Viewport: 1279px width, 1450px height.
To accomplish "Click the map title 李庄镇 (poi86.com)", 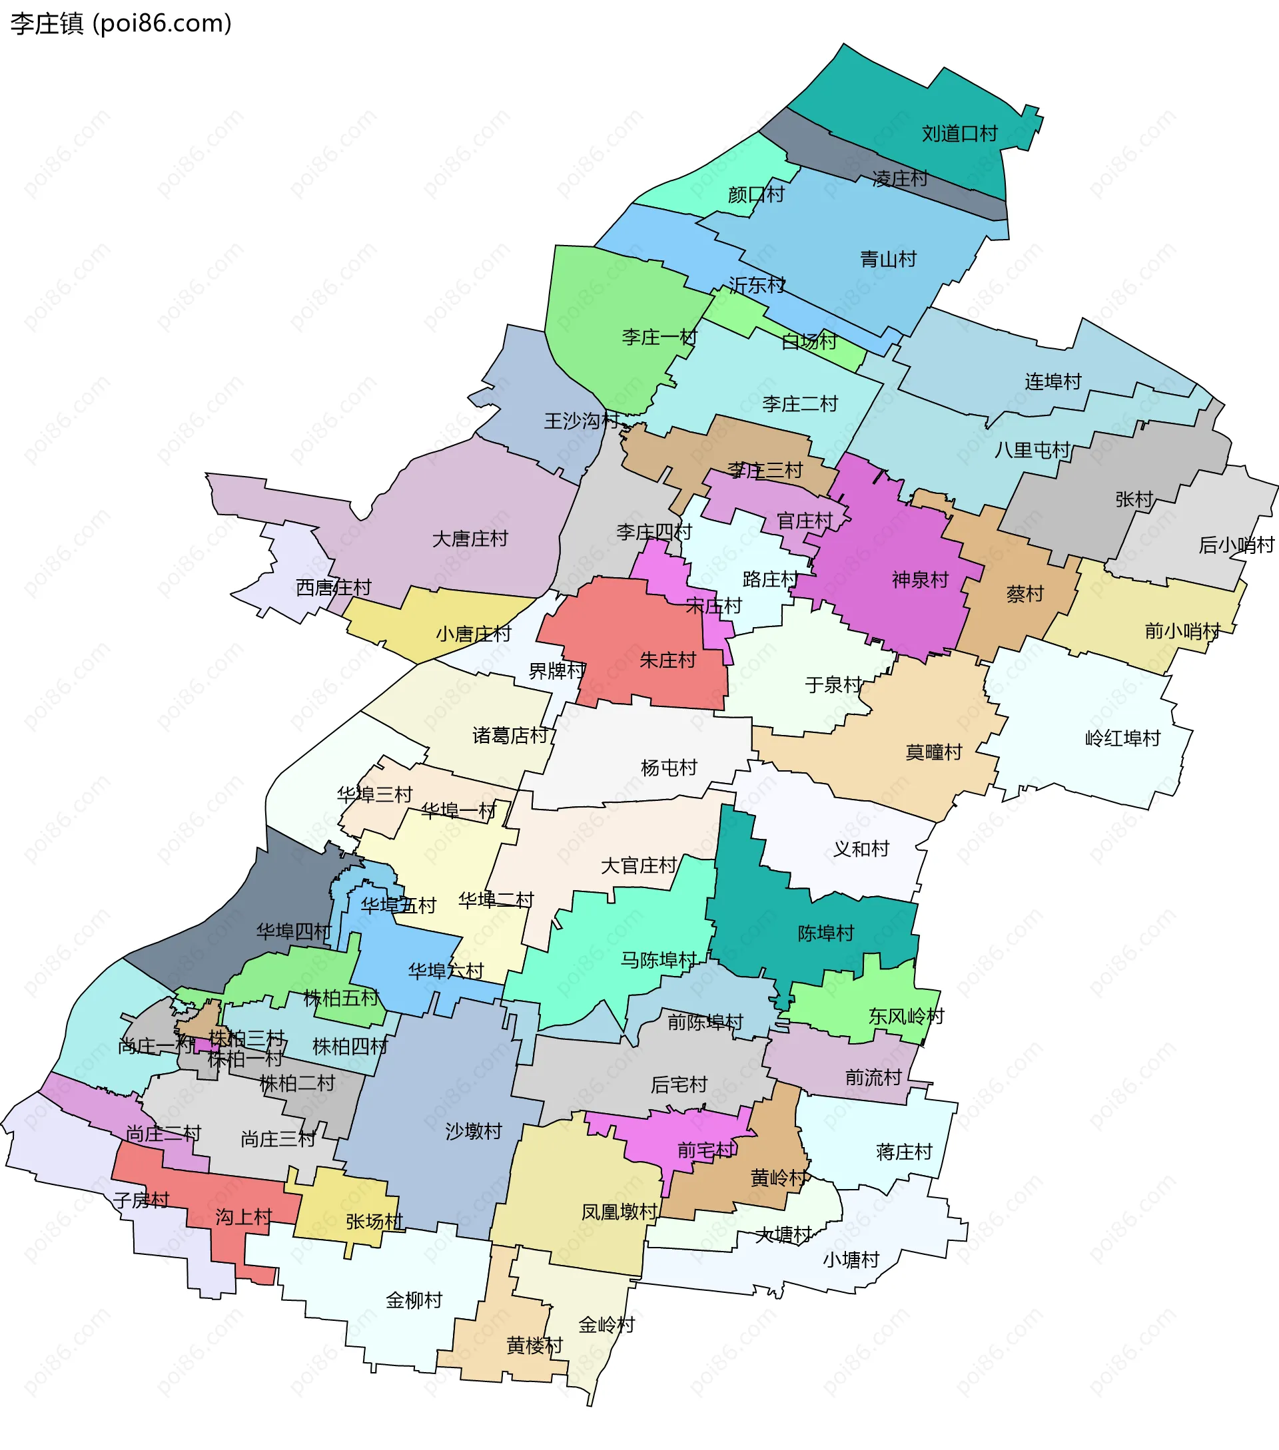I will pos(121,23).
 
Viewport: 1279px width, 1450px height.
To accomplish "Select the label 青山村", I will pos(887,259).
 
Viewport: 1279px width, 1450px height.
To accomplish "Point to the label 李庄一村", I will pos(659,337).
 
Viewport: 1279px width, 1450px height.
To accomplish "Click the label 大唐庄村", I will pos(470,539).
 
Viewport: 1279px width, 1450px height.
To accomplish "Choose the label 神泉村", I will pos(920,581).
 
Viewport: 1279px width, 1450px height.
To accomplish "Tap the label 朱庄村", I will pos(667,660).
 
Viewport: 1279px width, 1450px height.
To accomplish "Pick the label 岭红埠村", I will pos(1122,738).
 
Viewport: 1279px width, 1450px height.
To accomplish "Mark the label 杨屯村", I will pos(669,768).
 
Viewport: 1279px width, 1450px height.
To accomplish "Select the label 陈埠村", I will pos(825,933).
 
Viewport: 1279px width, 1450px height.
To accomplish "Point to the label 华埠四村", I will pos(293,931).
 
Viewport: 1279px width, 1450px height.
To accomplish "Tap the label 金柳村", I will pos(414,1300).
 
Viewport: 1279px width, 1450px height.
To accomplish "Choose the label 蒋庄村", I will pos(903,1151).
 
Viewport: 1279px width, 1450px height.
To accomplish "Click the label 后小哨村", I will pos(1236,545).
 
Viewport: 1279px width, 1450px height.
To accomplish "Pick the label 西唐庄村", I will pos(333,587).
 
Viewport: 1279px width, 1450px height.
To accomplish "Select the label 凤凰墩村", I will pos(619,1212).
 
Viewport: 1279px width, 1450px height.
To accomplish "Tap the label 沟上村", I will pos(243,1217).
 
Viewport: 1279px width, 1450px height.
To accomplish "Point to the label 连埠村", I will pos(1053,381).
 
